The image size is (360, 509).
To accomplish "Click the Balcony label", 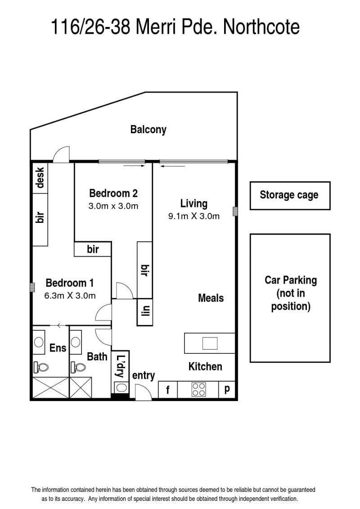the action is coord(148,129).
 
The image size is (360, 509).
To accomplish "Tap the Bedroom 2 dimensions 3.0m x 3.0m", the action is coord(113,206).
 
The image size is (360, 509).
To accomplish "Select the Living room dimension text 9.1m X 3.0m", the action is coord(194,216).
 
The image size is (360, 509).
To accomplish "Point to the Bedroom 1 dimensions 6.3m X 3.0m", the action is coord(70,296).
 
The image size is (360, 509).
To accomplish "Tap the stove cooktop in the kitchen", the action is coord(198,389).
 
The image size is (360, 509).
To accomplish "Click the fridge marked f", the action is coord(168,390).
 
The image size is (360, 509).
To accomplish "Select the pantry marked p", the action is coord(227,390).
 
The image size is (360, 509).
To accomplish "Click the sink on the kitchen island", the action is coord(210,343).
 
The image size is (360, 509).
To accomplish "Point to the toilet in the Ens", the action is coord(40,367).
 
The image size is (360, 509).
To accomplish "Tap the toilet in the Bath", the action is coord(78,367).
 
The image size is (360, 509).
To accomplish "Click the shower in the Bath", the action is coord(81,387).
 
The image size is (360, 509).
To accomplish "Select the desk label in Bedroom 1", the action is coord(40,178).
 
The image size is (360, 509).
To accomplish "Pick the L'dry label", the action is coord(121,366).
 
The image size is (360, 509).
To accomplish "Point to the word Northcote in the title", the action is coord(261,27).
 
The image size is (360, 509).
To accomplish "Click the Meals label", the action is coord(211,298).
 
